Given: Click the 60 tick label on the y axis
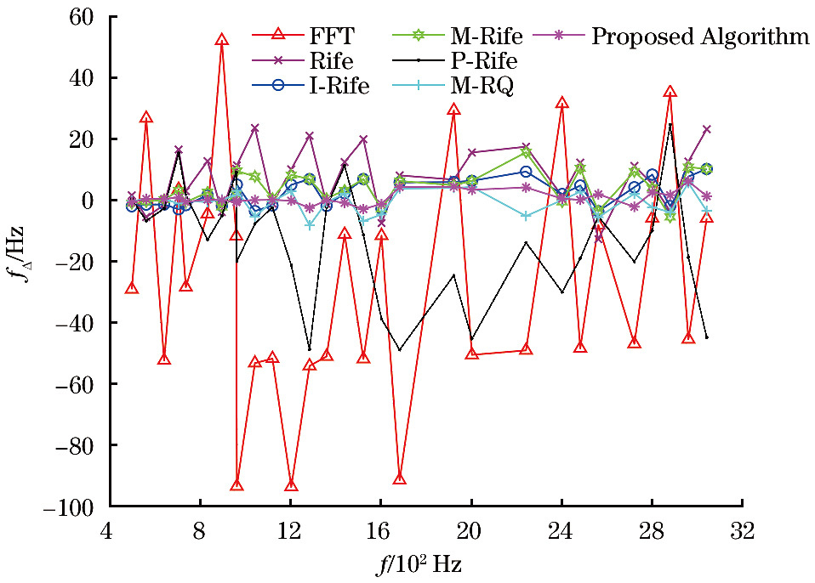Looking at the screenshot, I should point(83,17).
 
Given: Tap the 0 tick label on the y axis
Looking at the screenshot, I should point(88,201).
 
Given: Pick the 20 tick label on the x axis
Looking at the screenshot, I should point(471,532).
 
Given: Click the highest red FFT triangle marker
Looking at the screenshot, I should point(222,40).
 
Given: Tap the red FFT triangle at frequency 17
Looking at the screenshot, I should point(400,478).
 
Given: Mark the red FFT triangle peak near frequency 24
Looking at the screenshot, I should point(561,103).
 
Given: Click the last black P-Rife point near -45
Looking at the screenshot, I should point(706,337).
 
